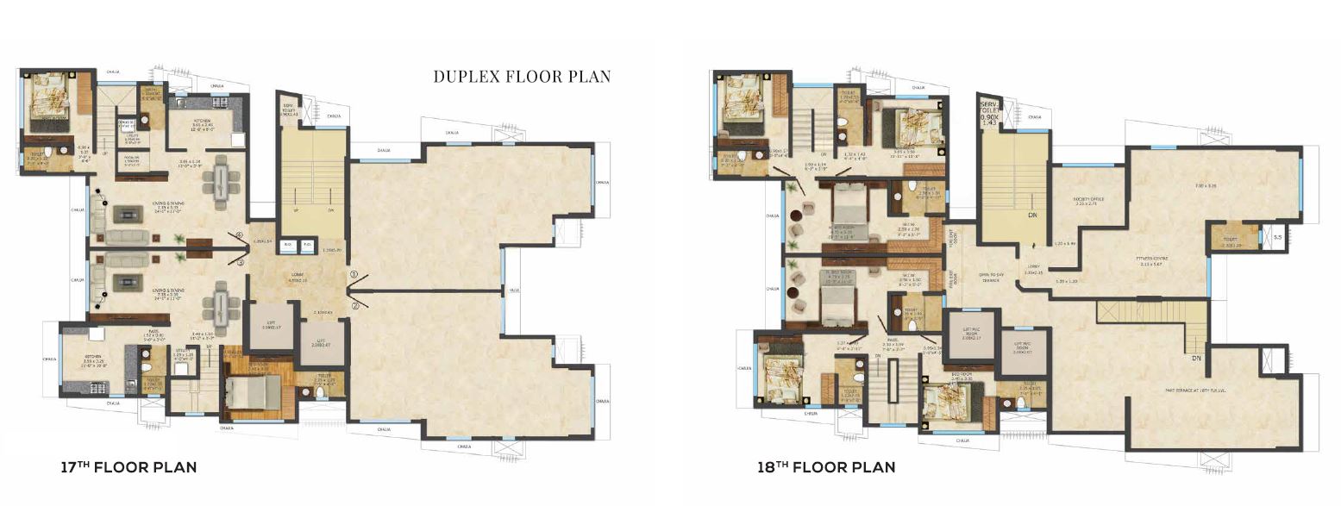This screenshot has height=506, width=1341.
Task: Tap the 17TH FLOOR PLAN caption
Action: click(x=128, y=468)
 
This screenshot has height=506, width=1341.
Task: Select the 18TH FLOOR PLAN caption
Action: click(x=826, y=468)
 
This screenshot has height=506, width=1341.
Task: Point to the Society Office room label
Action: click(x=1088, y=199)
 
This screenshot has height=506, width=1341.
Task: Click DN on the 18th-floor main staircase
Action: click(x=1031, y=216)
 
